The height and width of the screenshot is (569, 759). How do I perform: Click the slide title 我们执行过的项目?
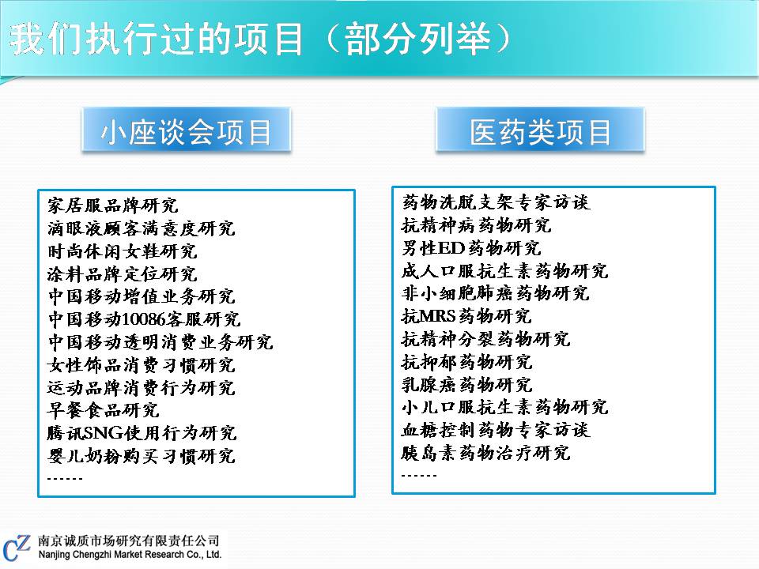coord(157,39)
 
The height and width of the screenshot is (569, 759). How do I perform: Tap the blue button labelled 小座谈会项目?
coord(187,130)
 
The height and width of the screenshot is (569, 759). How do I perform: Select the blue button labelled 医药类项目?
coord(540,130)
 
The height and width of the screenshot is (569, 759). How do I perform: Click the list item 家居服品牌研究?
coord(113,205)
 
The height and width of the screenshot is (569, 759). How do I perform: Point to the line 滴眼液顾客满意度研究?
coord(142,228)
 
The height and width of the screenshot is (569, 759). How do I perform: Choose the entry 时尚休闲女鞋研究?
coord(123,251)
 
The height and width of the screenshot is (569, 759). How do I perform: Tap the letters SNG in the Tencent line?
coord(104,433)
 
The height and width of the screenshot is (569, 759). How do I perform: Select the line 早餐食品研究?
coord(103,410)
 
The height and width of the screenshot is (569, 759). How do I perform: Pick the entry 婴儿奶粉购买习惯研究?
coord(142,456)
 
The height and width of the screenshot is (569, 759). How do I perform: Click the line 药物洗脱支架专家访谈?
coord(496,202)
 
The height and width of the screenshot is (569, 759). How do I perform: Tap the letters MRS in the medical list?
coord(439,316)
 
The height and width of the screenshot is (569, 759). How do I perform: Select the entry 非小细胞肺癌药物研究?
coord(496,293)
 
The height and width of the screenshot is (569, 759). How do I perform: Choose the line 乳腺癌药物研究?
coord(467,385)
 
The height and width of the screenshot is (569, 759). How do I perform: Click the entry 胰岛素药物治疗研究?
coord(486,453)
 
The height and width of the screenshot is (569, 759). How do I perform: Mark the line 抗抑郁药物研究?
coord(467,362)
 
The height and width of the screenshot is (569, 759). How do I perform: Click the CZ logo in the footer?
coord(17,548)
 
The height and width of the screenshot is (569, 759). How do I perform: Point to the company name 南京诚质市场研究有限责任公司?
coord(129,541)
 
